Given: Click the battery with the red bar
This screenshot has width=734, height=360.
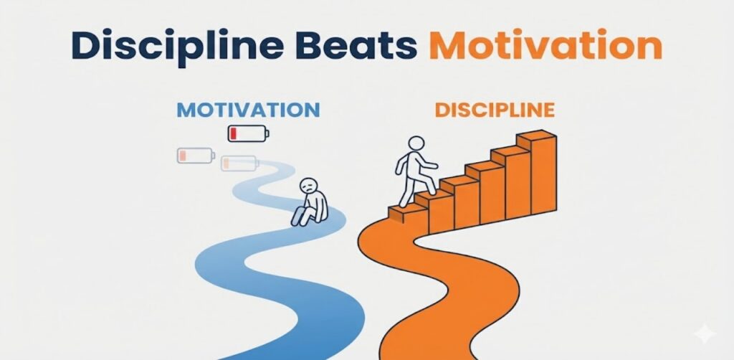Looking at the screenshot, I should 247,133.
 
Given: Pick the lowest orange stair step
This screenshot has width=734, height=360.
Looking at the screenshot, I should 405,212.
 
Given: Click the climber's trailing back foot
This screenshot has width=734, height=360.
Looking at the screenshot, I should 402,204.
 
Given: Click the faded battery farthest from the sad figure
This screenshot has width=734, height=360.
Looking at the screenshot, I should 195,155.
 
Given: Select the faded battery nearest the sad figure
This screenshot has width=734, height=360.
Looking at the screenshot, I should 239,164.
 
